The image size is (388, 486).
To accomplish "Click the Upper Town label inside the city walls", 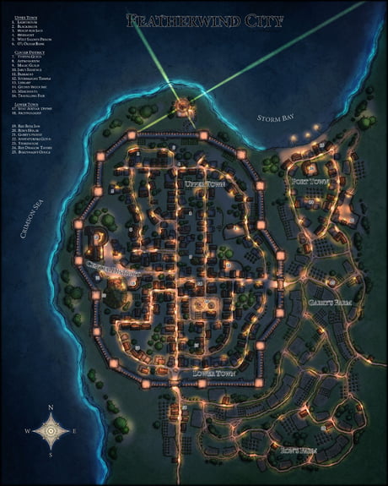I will tap(205, 183).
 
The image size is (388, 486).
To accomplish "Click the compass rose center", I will tap(52, 433).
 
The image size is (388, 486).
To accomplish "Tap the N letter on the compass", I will tap(52, 407).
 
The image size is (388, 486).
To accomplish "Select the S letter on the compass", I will tap(52, 459).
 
